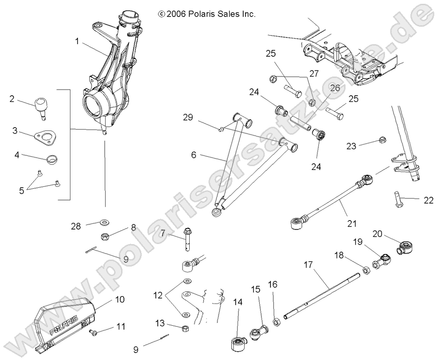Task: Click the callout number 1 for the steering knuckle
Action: point(77,41)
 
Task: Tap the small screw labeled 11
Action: point(92,332)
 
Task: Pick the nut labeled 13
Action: point(185,327)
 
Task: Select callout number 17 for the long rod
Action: point(308,265)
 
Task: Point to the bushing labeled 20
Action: point(405,245)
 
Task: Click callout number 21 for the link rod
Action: point(352,223)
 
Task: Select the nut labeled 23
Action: point(381,140)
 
